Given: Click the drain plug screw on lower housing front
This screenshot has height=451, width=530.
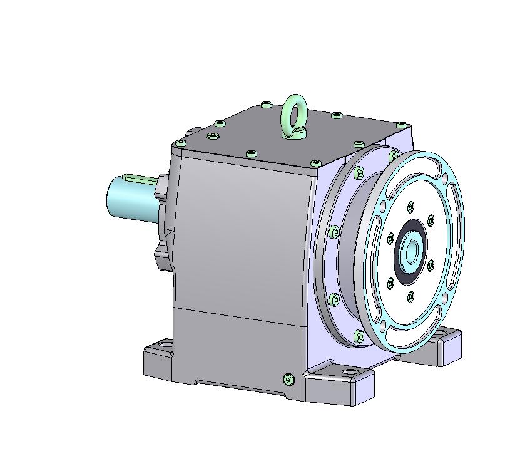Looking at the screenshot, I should click(x=288, y=378).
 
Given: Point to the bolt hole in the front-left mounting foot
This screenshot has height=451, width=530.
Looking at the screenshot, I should click(x=165, y=344).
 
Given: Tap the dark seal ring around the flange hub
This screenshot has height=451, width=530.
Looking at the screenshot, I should click(x=400, y=263).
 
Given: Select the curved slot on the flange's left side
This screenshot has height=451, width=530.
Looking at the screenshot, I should click(x=377, y=244).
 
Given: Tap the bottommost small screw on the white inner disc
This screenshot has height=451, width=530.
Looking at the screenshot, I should click(x=410, y=294).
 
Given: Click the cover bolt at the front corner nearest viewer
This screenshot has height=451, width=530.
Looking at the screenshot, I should click(x=315, y=163).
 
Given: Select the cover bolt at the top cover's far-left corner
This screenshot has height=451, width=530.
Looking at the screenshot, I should click(x=180, y=143).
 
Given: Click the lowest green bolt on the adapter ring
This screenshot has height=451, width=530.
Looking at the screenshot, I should click(x=359, y=336).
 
